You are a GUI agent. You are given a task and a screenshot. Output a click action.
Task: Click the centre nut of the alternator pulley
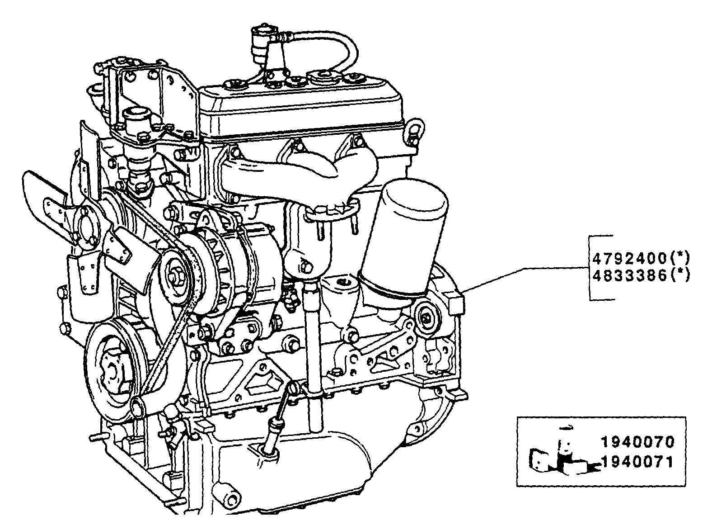coord(174,274)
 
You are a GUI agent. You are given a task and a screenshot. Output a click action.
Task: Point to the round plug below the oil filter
coord(426,319)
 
